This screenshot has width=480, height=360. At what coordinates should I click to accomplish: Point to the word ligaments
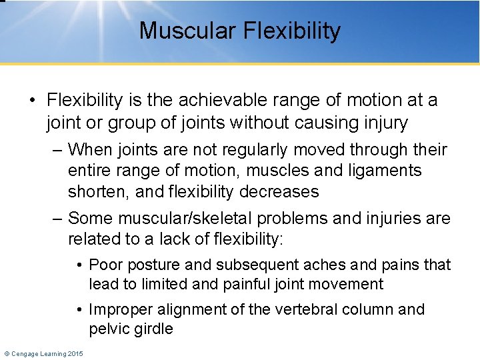click(x=383, y=171)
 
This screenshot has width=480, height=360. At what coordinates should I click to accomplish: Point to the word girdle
click(x=153, y=329)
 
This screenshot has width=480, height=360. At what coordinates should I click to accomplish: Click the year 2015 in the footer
click(x=75, y=353)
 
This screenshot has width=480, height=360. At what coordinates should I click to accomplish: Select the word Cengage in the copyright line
click(x=25, y=353)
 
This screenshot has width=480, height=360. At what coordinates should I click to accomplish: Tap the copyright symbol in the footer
click(x=6, y=353)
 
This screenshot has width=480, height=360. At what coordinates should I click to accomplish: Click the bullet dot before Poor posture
click(x=80, y=265)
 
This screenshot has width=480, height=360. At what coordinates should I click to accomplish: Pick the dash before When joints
click(x=58, y=149)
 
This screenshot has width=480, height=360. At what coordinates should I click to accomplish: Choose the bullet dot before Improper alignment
click(x=80, y=310)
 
